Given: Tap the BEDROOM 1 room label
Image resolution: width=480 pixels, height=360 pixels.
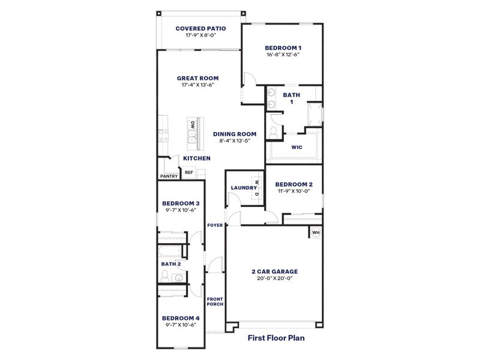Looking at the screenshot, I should [283, 47].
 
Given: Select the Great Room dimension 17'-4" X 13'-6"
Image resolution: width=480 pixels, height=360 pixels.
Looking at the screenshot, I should [197, 85].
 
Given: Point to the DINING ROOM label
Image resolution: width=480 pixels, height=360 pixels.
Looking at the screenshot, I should [235, 134].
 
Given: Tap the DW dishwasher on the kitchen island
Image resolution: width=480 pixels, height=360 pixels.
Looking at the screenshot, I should [193, 125].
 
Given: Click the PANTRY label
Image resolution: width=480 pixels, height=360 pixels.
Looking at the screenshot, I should [169, 176].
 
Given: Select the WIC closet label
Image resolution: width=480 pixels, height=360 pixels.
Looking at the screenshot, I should [296, 146].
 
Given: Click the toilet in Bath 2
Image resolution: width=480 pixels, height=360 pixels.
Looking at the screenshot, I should [165, 276].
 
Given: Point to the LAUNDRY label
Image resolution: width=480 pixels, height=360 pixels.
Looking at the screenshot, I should [243, 188].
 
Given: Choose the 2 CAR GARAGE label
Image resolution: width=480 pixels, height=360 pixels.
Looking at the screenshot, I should [274, 271].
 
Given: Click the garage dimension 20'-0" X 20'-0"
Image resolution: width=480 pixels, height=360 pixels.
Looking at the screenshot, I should [274, 278].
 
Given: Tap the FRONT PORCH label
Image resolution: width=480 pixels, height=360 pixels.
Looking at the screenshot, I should [215, 301].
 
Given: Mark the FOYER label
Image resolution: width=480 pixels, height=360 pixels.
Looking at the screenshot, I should [215, 225].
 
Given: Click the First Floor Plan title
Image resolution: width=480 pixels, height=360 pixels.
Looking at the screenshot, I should [277, 338].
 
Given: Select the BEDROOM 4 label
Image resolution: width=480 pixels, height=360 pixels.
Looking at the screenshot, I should [181, 318].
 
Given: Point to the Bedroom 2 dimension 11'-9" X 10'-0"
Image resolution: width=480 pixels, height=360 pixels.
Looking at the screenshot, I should [294, 191].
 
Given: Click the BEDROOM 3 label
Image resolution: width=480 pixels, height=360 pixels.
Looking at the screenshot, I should [181, 203].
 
